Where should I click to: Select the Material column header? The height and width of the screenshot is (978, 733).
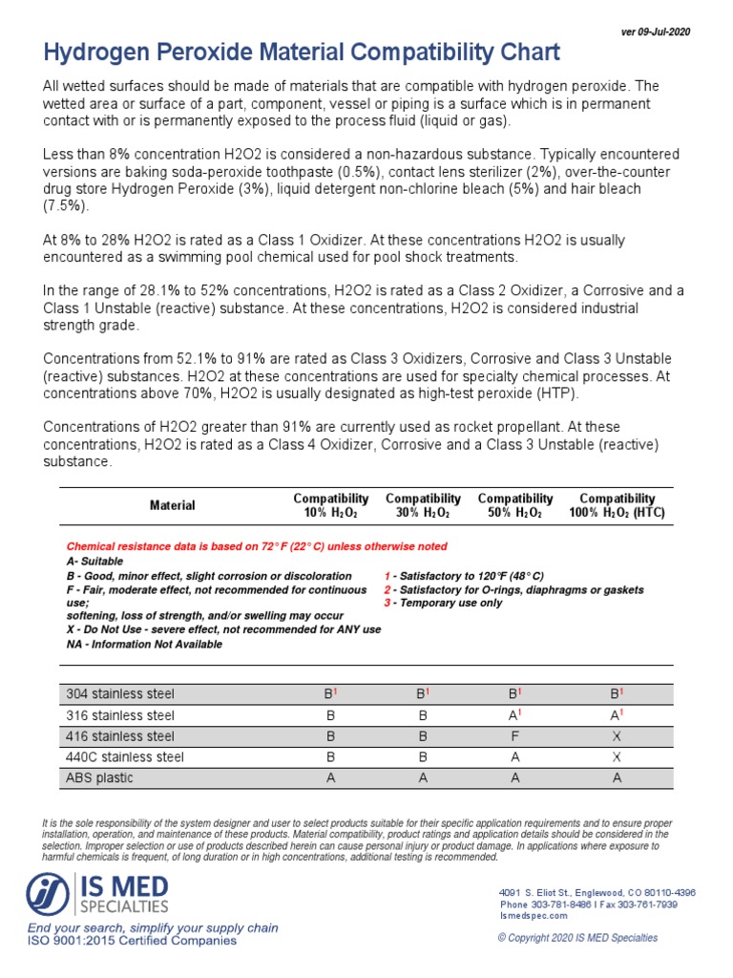click(x=172, y=505)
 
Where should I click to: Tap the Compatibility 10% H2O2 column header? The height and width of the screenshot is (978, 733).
click(x=330, y=505)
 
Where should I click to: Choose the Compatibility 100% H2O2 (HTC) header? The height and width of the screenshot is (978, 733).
click(x=617, y=505)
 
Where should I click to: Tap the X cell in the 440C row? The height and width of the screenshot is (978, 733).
click(x=617, y=756)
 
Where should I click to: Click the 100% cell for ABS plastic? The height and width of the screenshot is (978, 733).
click(x=617, y=777)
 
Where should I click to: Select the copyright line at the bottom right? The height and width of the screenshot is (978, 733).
click(x=577, y=938)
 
